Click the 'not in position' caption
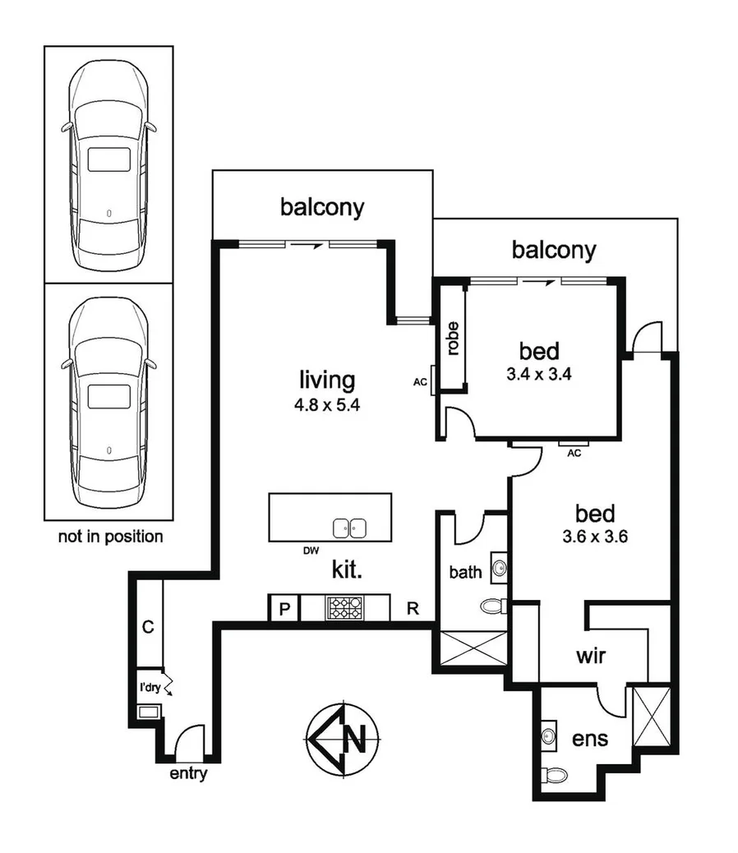(x=110, y=537)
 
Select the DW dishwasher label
(x=311, y=550)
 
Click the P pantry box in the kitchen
(x=284, y=608)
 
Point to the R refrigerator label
(x=413, y=609)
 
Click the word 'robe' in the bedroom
(x=452, y=337)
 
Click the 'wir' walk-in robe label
(x=590, y=657)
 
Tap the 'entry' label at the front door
(x=187, y=774)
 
